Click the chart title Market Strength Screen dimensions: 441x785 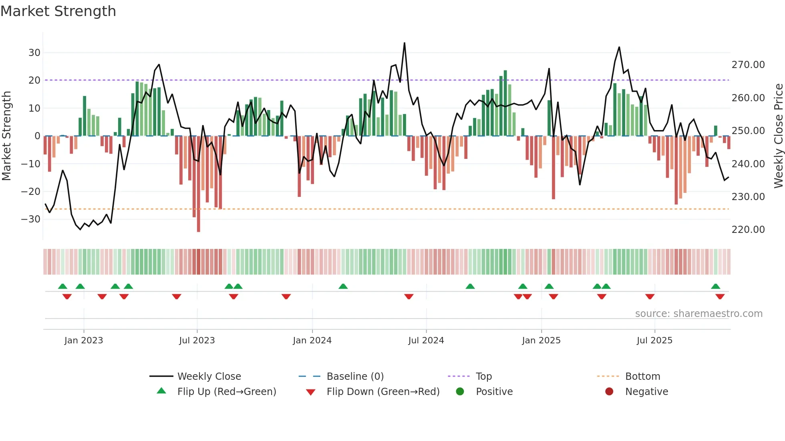(x=58, y=11)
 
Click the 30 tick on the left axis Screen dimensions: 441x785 (x=34, y=53)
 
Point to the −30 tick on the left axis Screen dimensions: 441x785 (x=31, y=219)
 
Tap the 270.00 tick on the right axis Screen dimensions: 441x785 (x=748, y=65)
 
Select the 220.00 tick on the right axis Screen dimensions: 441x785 (x=748, y=230)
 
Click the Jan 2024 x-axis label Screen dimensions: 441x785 (x=312, y=341)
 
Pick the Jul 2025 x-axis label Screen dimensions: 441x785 (x=654, y=341)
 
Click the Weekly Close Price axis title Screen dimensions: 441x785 (x=778, y=136)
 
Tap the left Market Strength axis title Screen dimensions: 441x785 (x=7, y=136)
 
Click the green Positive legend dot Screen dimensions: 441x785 (x=460, y=392)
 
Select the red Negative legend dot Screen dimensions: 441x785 (x=609, y=392)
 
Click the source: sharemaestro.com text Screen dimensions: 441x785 (x=698, y=314)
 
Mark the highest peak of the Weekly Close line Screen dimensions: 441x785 (x=405, y=43)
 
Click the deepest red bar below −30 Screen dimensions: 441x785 (x=199, y=224)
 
